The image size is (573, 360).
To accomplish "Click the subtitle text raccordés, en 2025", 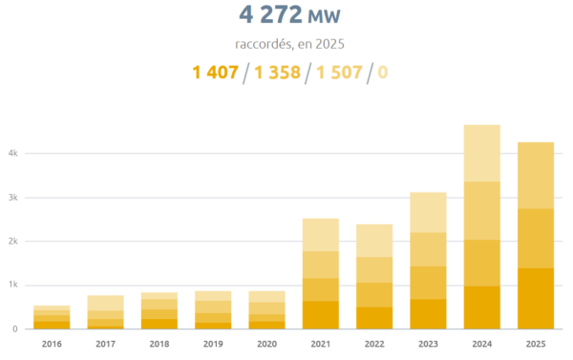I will pyautogui.click(x=289, y=44).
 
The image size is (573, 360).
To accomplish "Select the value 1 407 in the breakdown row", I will pyautogui.click(x=216, y=73).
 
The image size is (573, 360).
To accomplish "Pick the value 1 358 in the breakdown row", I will pyautogui.click(x=277, y=73).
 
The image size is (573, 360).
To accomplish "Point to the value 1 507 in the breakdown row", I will pyautogui.click(x=339, y=73).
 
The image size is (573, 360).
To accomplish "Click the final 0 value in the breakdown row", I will pyautogui.click(x=383, y=73).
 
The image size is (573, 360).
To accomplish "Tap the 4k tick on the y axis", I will pyautogui.click(x=13, y=154).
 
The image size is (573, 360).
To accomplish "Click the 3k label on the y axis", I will pyautogui.click(x=13, y=198).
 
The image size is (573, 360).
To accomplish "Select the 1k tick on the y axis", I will pyautogui.click(x=13, y=286).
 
